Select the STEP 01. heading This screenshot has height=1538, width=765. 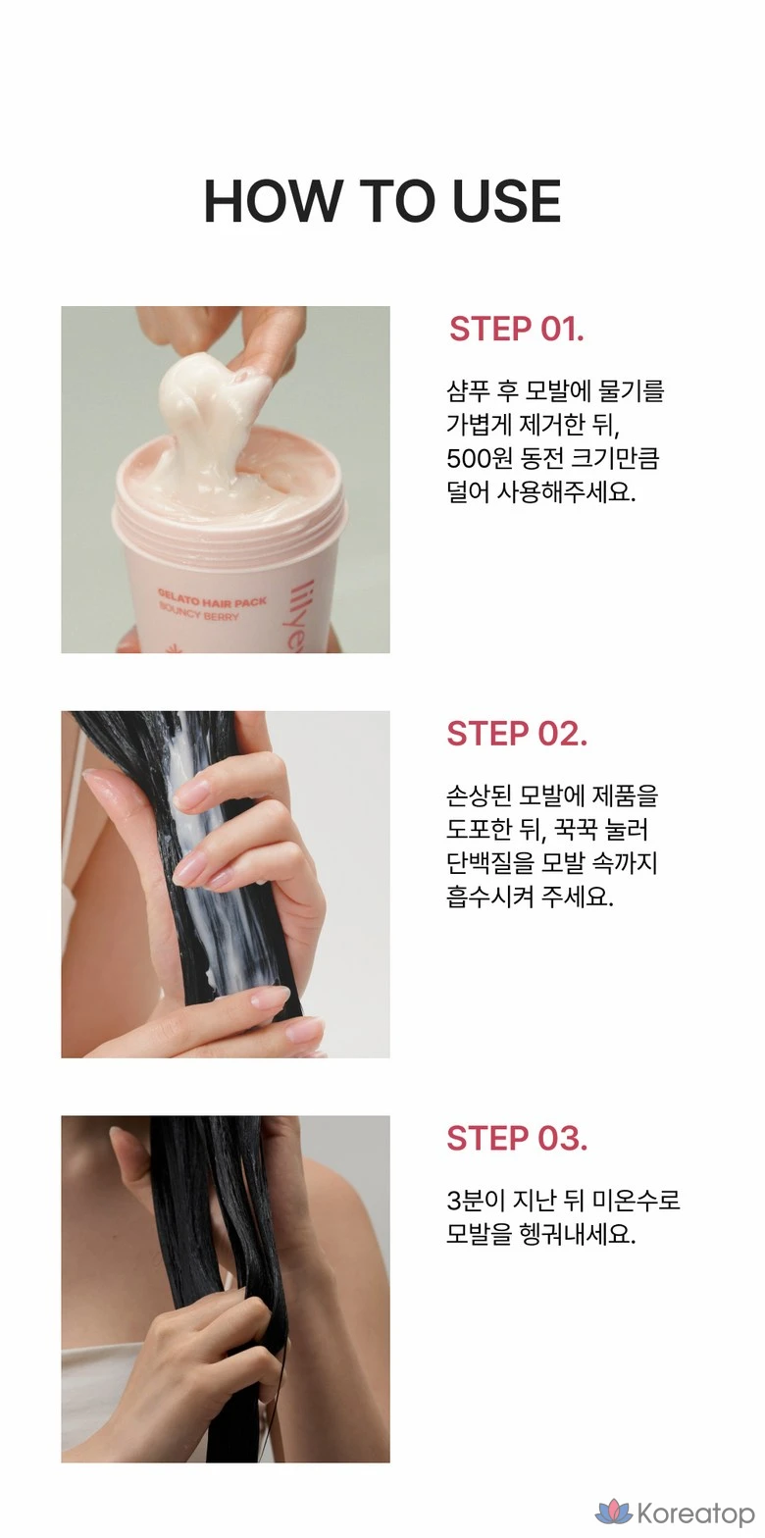click(517, 329)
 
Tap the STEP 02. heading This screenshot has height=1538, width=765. click(517, 733)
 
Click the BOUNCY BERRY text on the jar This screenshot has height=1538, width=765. click(199, 611)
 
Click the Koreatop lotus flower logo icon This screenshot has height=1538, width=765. click(614, 1512)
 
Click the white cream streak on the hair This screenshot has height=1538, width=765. click(207, 858)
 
